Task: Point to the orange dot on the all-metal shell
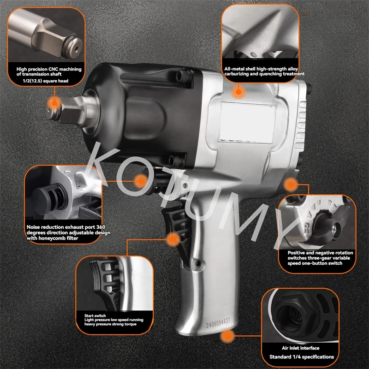pyautogui.click(x=238, y=92)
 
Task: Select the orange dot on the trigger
pyautogui.click(x=173, y=239)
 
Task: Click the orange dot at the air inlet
pyautogui.click(x=227, y=336)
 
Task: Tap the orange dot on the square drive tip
pyautogui.click(x=54, y=103)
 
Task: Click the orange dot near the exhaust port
pyautogui.click(x=141, y=181)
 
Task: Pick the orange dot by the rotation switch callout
pyautogui.click(x=291, y=184)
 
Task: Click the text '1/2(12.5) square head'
pyautogui.click(x=45, y=81)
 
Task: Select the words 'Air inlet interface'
pyautogui.click(x=301, y=348)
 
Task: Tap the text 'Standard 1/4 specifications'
pyautogui.click(x=302, y=357)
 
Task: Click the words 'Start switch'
pyautogui.click(x=95, y=315)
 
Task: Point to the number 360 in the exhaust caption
pyautogui.click(x=101, y=227)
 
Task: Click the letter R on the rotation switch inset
pyautogui.click(x=307, y=228)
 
